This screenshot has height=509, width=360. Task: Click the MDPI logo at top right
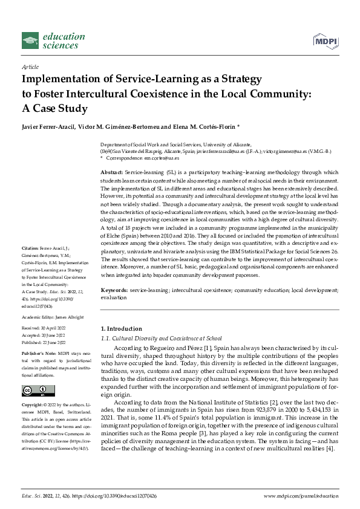click(x=326, y=40)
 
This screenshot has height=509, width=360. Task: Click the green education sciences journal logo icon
click(x=30, y=41)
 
